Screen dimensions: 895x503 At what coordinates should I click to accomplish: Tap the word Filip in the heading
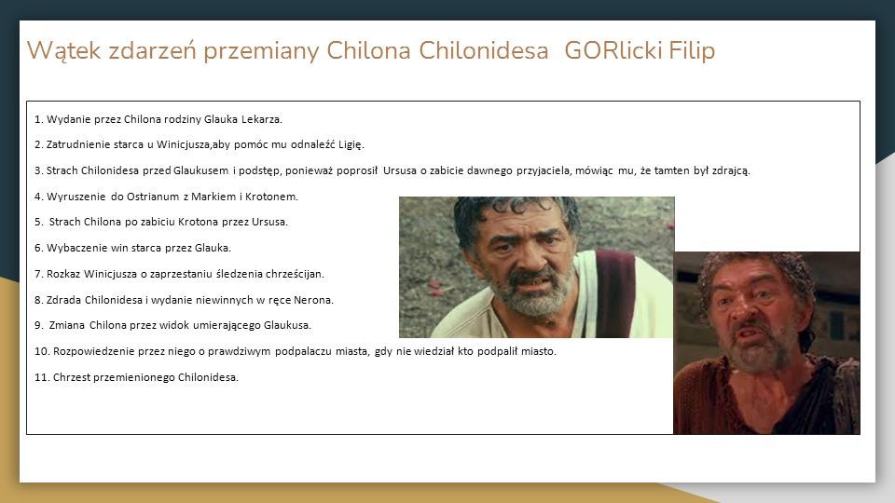[x=692, y=50]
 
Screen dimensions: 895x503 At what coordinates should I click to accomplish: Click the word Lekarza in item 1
[x=261, y=119]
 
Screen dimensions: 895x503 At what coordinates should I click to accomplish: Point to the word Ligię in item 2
[x=351, y=145]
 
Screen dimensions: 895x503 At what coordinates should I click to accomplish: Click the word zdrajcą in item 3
[x=731, y=170]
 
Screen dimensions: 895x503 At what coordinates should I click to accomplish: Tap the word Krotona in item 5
[x=198, y=222]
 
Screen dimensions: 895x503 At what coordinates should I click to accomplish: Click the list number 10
[x=42, y=351]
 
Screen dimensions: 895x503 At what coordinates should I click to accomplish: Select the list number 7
[x=39, y=274]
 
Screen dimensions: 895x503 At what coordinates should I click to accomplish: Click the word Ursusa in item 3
[x=400, y=170]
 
